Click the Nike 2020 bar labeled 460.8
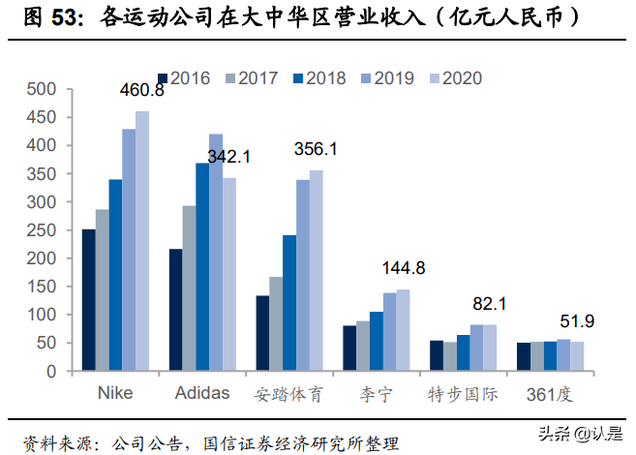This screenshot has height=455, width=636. [142, 241]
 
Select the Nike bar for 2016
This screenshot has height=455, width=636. [88, 300]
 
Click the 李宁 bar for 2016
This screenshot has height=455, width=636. [349, 349]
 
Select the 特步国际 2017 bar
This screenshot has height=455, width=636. [449, 356]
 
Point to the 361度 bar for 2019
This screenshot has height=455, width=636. [563, 355]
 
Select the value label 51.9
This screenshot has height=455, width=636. [578, 320]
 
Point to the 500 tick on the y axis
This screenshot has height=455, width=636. [45, 90]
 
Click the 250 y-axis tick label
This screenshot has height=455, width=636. [45, 230]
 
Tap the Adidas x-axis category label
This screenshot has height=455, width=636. [203, 394]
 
